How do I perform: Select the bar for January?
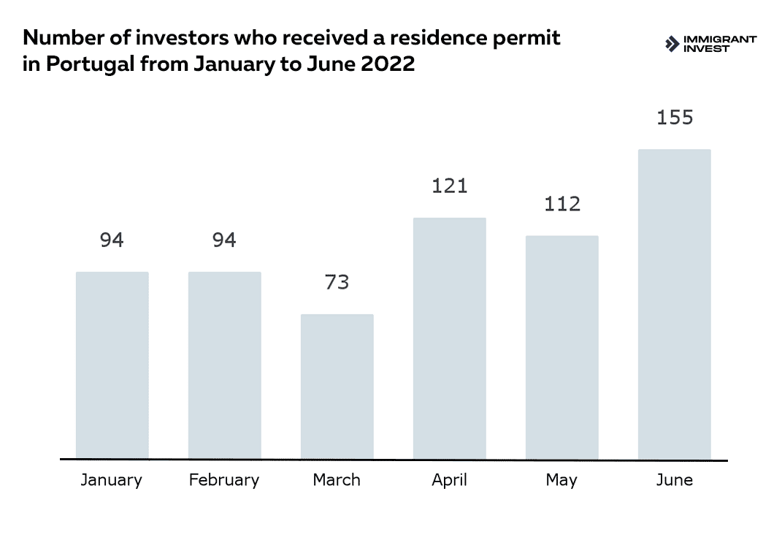pyautogui.click(x=112, y=365)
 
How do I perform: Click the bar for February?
pyautogui.click(x=225, y=365)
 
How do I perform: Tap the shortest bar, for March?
pyautogui.click(x=337, y=387)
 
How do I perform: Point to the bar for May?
pyautogui.click(x=562, y=347)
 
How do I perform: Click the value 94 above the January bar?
pyautogui.click(x=112, y=240)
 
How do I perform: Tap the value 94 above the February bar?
pyautogui.click(x=224, y=240)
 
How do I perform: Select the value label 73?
pyautogui.click(x=337, y=282)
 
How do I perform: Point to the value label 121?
pyautogui.click(x=450, y=186)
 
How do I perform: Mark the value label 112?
pyautogui.click(x=562, y=204)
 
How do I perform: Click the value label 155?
pyautogui.click(x=675, y=117)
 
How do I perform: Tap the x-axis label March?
pyautogui.click(x=337, y=480)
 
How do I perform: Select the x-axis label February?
pyautogui.click(x=224, y=481)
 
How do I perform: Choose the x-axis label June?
pyautogui.click(x=675, y=480)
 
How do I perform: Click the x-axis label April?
pyautogui.click(x=449, y=481)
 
